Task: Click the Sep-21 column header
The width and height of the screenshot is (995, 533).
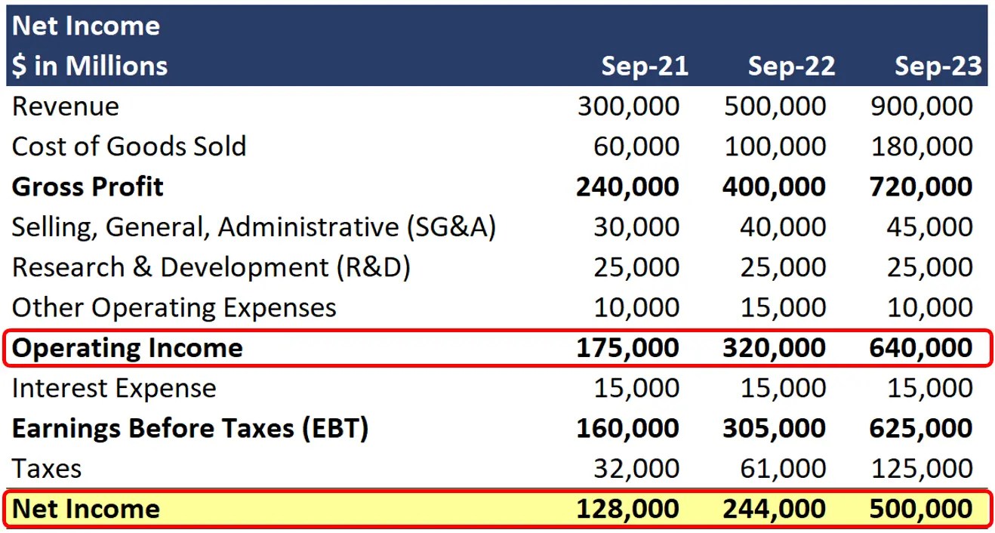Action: [645, 66]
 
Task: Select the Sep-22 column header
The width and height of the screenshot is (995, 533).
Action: [791, 66]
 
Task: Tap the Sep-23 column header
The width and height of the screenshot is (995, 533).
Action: [938, 66]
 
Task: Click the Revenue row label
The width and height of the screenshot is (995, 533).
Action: [66, 106]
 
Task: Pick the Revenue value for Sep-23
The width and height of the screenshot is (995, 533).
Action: [922, 106]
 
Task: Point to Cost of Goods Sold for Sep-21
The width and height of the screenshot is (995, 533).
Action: [636, 146]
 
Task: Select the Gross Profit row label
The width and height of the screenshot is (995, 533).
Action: [88, 186]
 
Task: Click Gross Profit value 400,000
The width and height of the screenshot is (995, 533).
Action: [774, 186]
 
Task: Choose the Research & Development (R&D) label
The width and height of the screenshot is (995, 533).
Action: [211, 267]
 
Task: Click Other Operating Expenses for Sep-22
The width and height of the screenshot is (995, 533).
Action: [784, 307]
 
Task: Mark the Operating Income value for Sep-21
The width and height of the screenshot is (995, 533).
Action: [627, 348]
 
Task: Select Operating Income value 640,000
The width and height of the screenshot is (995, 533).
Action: [921, 348]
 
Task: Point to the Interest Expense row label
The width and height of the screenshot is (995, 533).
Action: [114, 388]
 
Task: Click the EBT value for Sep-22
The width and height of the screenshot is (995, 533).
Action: [774, 429]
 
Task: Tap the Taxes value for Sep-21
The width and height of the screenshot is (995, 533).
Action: [636, 469]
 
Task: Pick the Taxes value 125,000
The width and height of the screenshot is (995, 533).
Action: [922, 469]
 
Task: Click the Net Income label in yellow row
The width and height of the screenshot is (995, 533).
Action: [86, 509]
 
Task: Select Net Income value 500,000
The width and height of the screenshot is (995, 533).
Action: [921, 509]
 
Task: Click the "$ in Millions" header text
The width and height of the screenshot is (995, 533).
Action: [90, 66]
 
